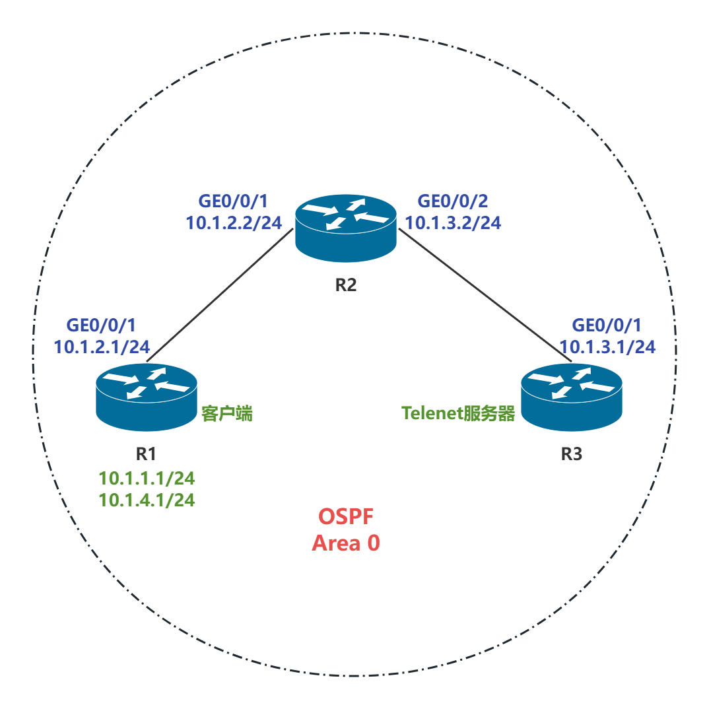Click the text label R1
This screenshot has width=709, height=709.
(x=146, y=454)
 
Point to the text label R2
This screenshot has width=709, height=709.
(x=346, y=285)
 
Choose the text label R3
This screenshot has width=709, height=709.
(x=572, y=455)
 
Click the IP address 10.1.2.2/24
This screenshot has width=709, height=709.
(x=234, y=223)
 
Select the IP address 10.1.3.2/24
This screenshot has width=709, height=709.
(x=453, y=223)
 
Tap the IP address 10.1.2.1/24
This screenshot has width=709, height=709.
(x=102, y=347)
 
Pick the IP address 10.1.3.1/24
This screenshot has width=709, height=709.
(x=607, y=347)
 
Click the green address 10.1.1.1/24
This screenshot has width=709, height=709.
(x=147, y=478)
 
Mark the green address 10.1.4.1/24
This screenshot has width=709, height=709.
(x=147, y=500)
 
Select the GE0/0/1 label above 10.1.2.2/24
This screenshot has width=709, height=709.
(x=234, y=201)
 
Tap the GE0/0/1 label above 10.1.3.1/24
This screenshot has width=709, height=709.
(x=607, y=325)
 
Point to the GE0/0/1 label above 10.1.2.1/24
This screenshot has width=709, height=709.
(x=102, y=325)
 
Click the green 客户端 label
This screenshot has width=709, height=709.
(x=227, y=414)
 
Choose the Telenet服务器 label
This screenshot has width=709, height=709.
(x=458, y=414)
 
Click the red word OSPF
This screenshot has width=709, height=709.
(x=346, y=516)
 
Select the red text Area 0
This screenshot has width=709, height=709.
(x=346, y=543)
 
